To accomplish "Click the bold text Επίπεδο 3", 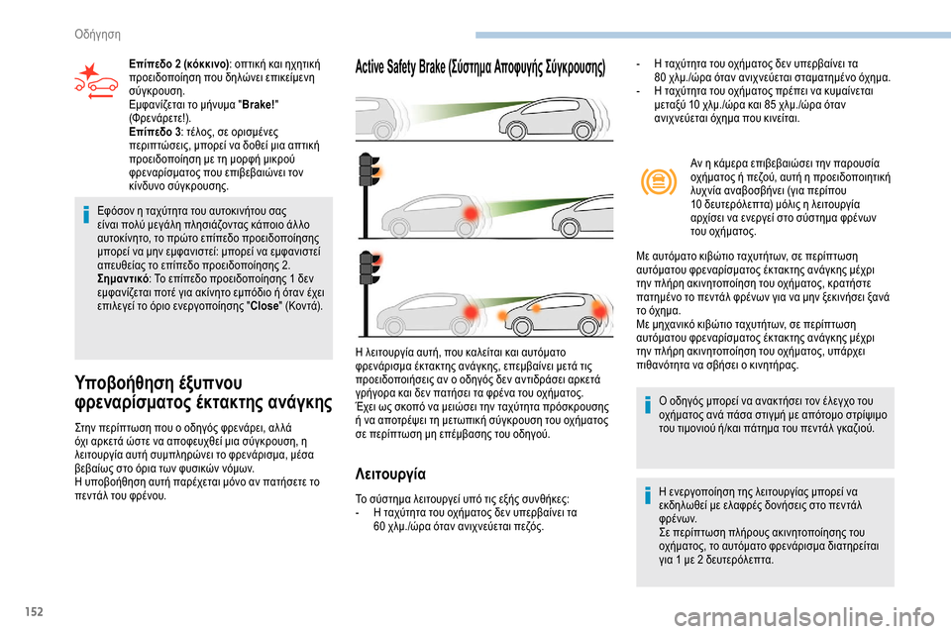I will pos(158,131).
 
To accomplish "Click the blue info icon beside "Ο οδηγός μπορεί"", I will pos(648,407).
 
